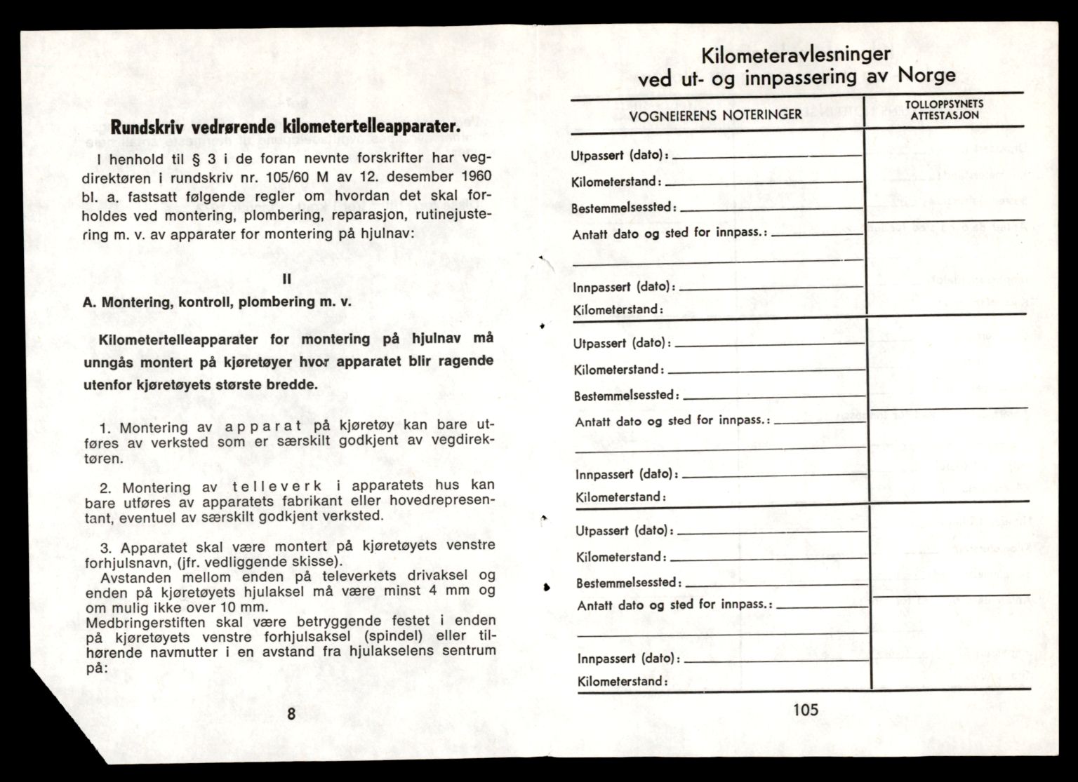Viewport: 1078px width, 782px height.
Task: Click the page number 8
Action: click(291, 714)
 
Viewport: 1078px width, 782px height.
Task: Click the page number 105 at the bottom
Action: click(805, 709)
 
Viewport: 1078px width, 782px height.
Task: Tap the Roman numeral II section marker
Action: click(286, 278)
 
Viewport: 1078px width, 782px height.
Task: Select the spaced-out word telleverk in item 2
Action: click(271, 486)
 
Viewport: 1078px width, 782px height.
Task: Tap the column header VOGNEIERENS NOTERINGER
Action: click(716, 114)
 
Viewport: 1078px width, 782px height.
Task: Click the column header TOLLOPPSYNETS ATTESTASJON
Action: click(944, 110)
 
